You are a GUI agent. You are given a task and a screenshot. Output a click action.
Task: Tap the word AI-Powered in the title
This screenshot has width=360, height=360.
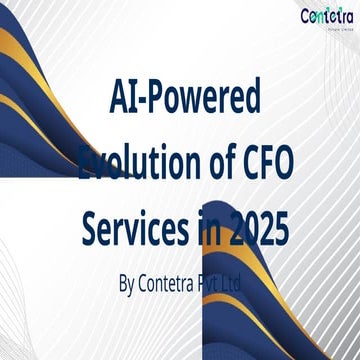coord(183,99)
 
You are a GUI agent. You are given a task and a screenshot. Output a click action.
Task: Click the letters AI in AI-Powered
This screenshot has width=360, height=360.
coord(121,99)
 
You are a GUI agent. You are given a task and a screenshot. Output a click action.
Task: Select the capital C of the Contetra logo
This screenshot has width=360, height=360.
coord(306,16)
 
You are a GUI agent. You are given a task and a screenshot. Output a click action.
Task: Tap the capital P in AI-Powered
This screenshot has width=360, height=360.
coord(158,99)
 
